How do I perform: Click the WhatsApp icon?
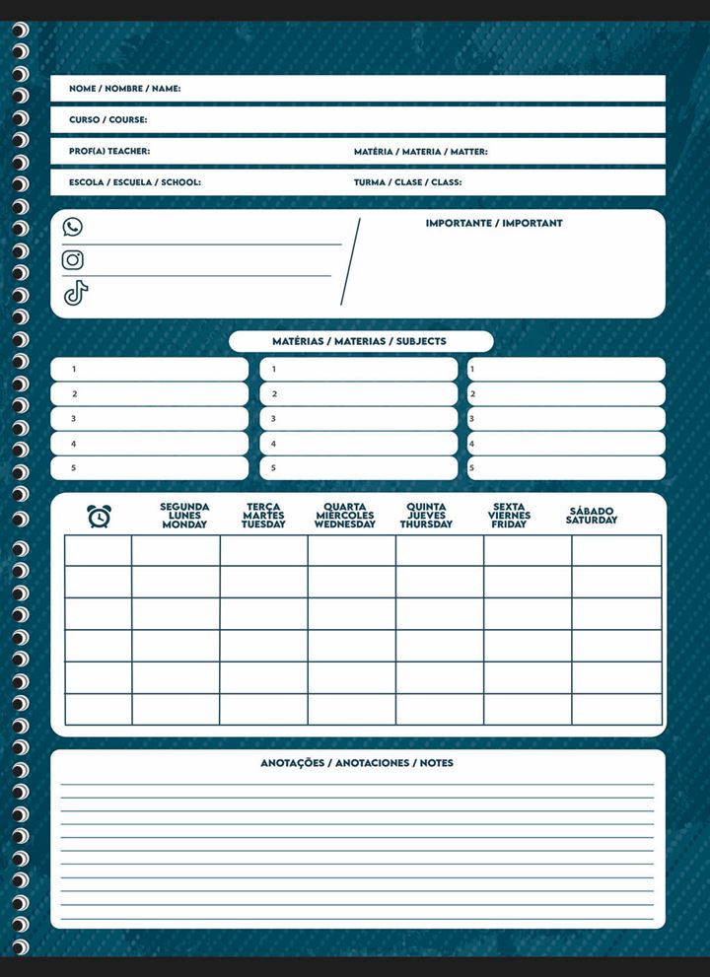pyautogui.click(x=73, y=227)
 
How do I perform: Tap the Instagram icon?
pyautogui.click(x=73, y=259)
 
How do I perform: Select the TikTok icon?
pyautogui.click(x=76, y=293)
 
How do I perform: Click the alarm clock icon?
pyautogui.click(x=99, y=516)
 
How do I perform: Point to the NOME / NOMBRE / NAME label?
pyautogui.click(x=124, y=89)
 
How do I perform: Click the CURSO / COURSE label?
pyautogui.click(x=108, y=120)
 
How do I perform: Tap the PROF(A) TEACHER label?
pyautogui.click(x=109, y=152)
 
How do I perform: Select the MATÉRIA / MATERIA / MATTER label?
pyautogui.click(x=420, y=152)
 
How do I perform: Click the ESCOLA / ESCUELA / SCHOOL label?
pyautogui.click(x=135, y=182)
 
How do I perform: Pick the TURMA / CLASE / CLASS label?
pyautogui.click(x=407, y=182)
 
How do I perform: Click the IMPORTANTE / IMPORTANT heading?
pyautogui.click(x=494, y=224)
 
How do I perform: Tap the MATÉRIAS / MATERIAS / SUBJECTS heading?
pyautogui.click(x=359, y=341)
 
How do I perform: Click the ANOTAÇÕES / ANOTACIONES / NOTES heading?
pyautogui.click(x=357, y=763)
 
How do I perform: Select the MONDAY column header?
pyautogui.click(x=184, y=516)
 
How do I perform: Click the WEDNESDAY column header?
pyautogui.click(x=344, y=516)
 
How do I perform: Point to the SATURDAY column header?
pyautogui.click(x=592, y=516)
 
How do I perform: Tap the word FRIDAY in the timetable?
pyautogui.click(x=509, y=524)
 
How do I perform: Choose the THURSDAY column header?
pyautogui.click(x=426, y=516)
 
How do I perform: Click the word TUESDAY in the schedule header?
pyautogui.click(x=263, y=524)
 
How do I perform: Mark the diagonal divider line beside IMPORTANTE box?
pyautogui.click(x=350, y=262)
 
